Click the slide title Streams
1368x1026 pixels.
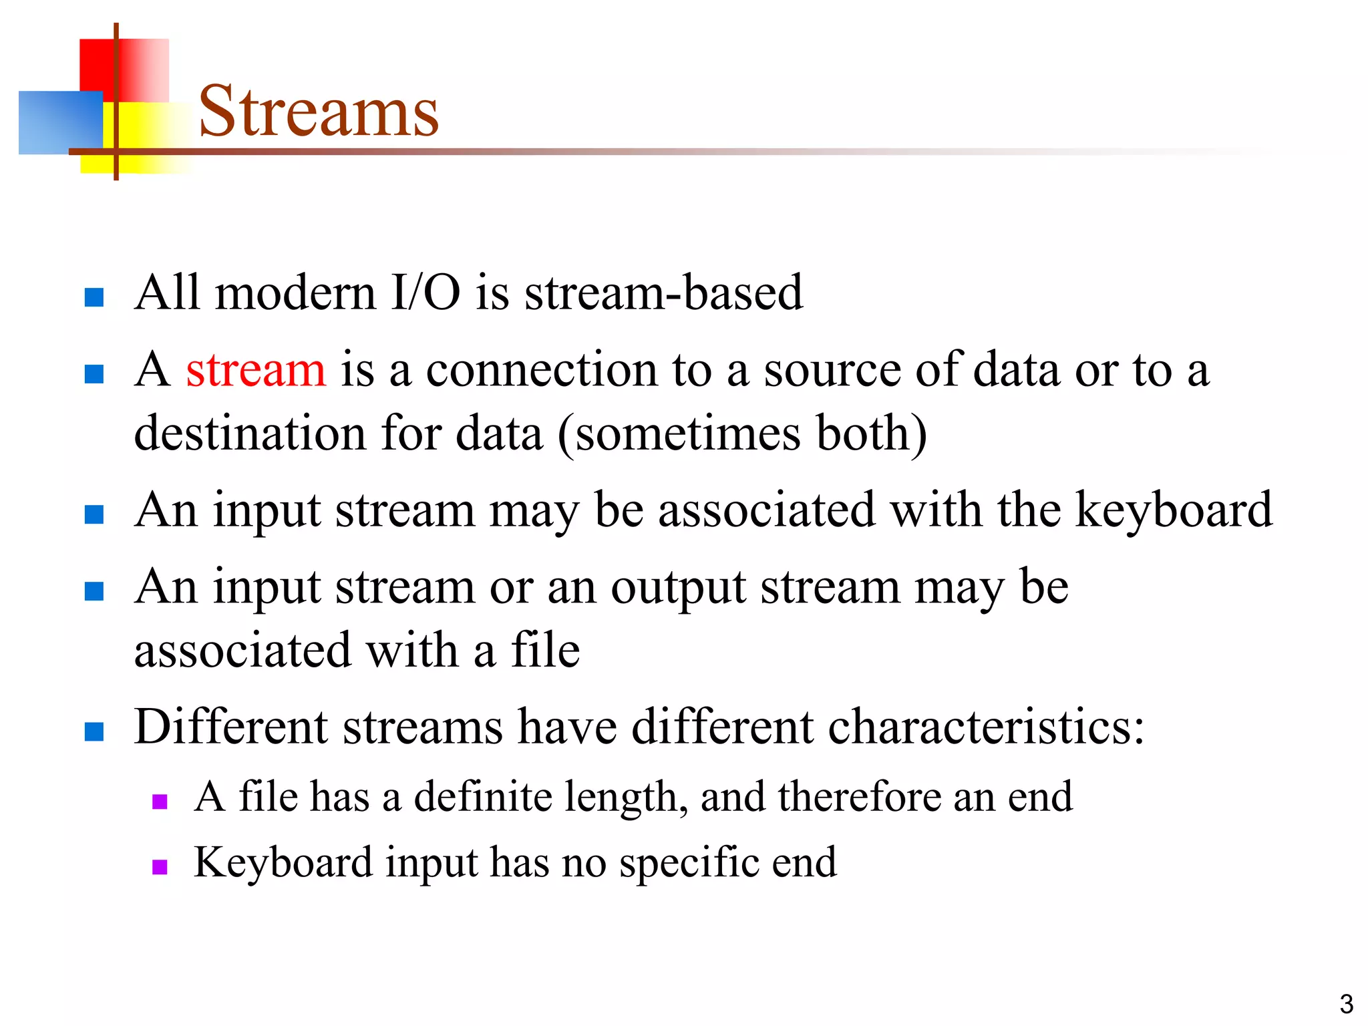[x=319, y=112]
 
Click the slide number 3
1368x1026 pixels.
[x=1346, y=1004]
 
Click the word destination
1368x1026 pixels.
[x=250, y=434]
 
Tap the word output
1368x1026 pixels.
[x=678, y=588]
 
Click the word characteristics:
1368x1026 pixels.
[x=986, y=727]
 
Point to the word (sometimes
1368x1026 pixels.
[x=679, y=434]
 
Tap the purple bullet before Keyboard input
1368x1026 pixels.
[x=160, y=867]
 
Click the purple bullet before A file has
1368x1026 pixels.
[x=160, y=801]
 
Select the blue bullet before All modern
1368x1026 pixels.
[x=94, y=297]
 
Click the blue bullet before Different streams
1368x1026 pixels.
[x=94, y=731]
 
